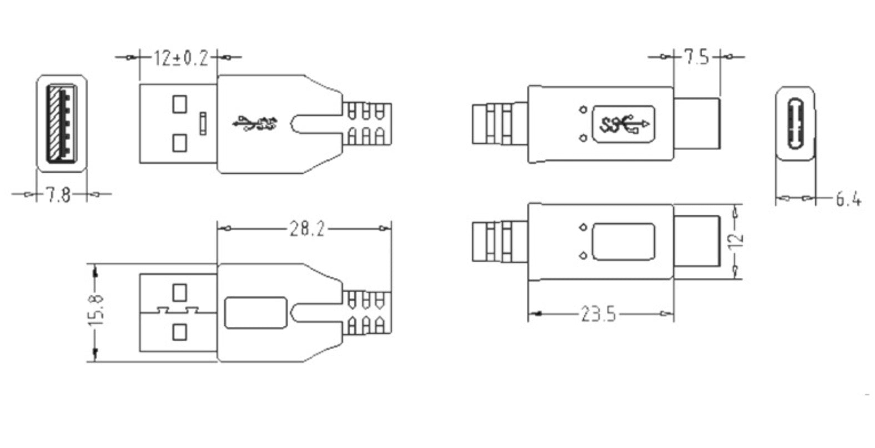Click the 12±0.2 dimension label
(x=180, y=58)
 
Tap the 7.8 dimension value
(x=58, y=195)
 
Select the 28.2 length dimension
(x=306, y=228)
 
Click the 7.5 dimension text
(x=696, y=57)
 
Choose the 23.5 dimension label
(x=599, y=315)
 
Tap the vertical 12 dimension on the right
(x=736, y=241)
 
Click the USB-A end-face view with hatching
(x=62, y=123)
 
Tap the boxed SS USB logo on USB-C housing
(x=624, y=123)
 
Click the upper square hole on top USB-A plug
(x=179, y=104)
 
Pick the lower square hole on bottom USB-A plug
(x=179, y=332)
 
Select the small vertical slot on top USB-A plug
(x=203, y=123)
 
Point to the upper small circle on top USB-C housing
(x=582, y=109)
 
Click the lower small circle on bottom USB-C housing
(x=582, y=255)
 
